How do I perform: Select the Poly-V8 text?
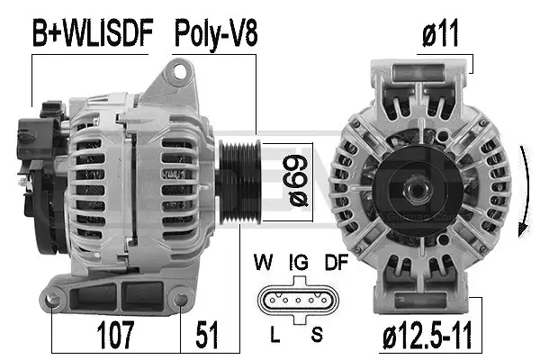[215, 34]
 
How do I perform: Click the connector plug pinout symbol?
[294, 300]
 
